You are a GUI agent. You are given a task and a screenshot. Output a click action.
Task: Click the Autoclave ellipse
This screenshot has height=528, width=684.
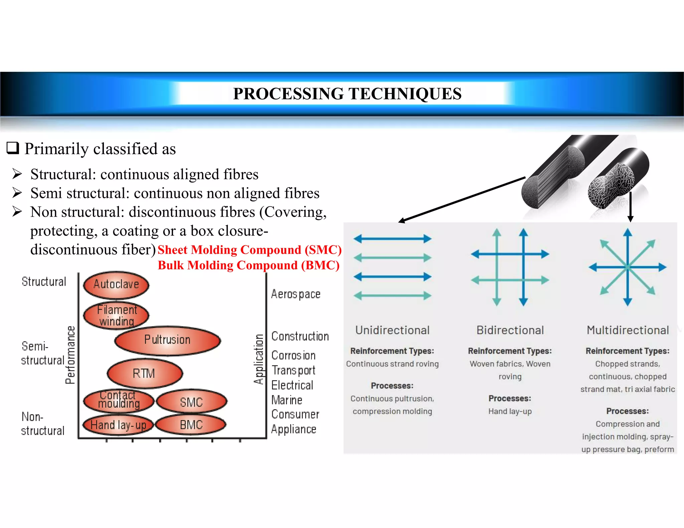point(116,285)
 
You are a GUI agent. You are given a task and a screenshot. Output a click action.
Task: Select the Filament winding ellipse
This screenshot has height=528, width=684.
point(116,315)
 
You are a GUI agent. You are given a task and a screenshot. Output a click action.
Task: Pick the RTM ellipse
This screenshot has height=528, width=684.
point(145,373)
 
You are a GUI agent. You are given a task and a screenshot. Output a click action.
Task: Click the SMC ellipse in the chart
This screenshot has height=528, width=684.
point(191,402)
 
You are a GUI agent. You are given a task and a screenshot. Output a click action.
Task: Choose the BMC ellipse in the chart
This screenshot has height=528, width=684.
point(191,425)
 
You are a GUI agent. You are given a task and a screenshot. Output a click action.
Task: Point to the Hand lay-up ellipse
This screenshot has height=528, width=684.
point(118,425)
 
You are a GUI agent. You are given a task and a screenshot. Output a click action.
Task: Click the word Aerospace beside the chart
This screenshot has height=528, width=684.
point(296,294)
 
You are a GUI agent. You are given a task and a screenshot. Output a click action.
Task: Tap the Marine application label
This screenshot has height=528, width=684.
point(287,400)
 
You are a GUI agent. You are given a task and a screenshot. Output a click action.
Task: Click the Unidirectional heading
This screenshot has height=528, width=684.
point(392,330)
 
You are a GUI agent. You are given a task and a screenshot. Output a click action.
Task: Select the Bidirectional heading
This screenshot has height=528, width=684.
point(510,330)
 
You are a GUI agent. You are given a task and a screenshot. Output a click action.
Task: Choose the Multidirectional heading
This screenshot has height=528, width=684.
point(628,330)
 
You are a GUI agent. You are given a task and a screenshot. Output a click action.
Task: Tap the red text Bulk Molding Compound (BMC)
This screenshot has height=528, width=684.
point(248,265)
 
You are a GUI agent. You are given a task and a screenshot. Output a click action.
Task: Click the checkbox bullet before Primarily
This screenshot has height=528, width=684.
point(13,148)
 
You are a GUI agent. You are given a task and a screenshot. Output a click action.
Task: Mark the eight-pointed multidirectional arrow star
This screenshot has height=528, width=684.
point(628,267)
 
